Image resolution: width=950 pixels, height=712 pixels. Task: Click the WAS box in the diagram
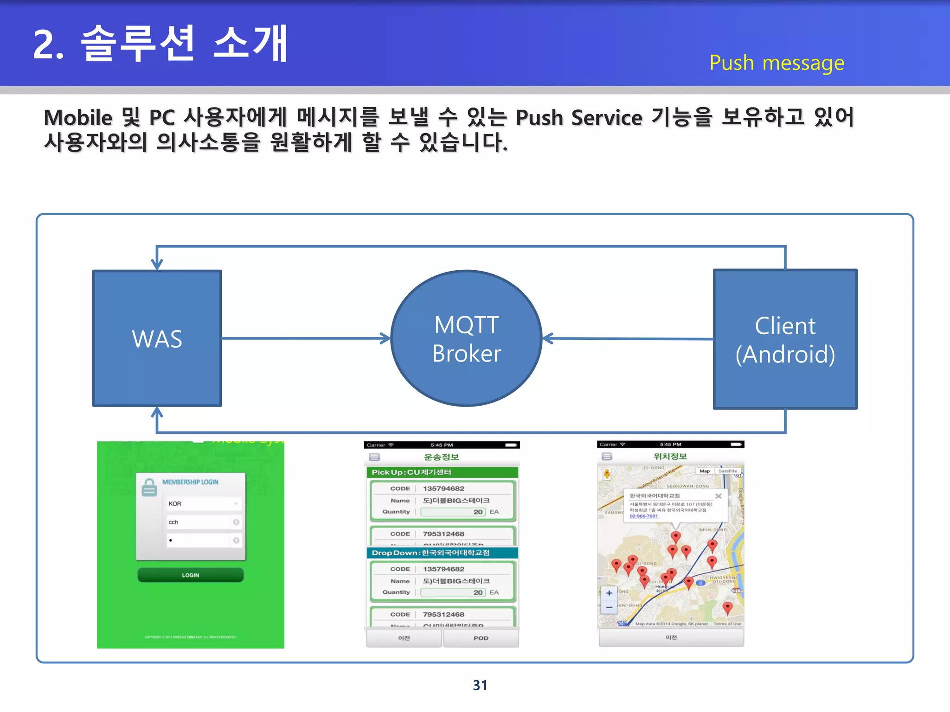pyautogui.click(x=157, y=338)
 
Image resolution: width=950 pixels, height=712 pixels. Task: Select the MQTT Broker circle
pyautogui.click(x=466, y=338)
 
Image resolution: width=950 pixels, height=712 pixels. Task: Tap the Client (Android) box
pyautogui.click(x=785, y=339)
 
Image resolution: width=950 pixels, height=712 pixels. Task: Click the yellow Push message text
pyautogui.click(x=777, y=63)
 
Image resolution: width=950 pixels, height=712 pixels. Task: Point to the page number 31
pyautogui.click(x=480, y=685)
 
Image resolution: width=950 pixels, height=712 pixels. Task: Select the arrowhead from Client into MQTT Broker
pyautogui.click(x=547, y=338)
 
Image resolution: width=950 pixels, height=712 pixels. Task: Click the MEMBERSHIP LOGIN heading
pyautogui.click(x=190, y=482)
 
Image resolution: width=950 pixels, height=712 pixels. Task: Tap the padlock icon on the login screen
pyautogui.click(x=149, y=487)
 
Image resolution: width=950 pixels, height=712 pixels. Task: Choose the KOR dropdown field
pyautogui.click(x=203, y=504)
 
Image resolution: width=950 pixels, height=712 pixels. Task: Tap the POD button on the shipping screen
pyautogui.click(x=481, y=638)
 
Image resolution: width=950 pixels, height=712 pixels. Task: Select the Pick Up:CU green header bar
pyautogui.click(x=441, y=472)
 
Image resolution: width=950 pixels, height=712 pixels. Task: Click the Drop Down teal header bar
pyautogui.click(x=441, y=553)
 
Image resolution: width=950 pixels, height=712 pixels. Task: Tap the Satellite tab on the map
pyautogui.click(x=727, y=471)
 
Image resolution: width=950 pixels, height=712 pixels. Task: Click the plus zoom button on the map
pyautogui.click(x=609, y=593)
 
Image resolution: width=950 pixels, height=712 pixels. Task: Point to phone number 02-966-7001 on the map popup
pyautogui.click(x=643, y=516)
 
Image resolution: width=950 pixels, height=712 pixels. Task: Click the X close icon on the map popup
pyautogui.click(x=718, y=496)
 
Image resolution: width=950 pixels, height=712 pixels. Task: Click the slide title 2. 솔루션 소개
pyautogui.click(x=160, y=44)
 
